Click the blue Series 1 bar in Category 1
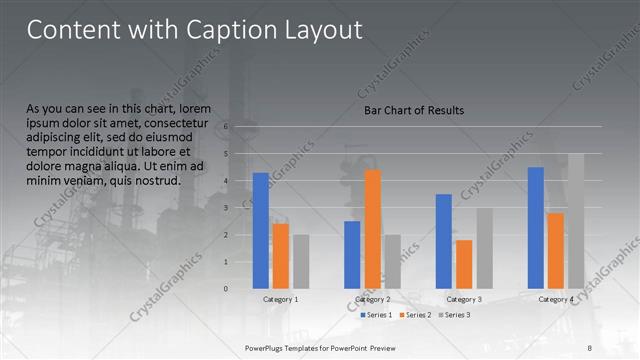(261, 231)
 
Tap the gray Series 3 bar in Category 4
(576, 221)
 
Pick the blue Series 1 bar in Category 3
(444, 241)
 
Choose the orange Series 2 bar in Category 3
(464, 264)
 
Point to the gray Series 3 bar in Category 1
(301, 261)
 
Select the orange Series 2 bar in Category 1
(281, 256)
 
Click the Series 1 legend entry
(375, 315)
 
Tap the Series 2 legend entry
(414, 315)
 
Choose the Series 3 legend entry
(453, 315)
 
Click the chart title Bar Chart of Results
(413, 110)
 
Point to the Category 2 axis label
(373, 299)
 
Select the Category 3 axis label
(464, 299)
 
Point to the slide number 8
(589, 347)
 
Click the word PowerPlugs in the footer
(267, 347)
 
